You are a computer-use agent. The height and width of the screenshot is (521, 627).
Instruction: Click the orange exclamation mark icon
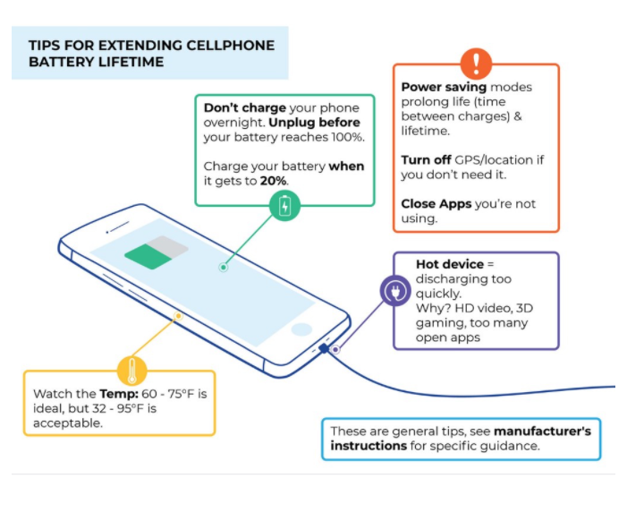[476, 64]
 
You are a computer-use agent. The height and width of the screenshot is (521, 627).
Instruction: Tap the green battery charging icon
[284, 206]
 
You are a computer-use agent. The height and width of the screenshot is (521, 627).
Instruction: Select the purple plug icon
[395, 291]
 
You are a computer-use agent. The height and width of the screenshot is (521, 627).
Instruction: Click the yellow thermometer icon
[132, 371]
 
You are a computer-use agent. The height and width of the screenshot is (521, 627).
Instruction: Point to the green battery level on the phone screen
[148, 257]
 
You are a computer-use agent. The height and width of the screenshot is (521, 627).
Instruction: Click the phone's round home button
[301, 329]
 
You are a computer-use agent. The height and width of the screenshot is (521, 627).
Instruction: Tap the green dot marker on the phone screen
[224, 267]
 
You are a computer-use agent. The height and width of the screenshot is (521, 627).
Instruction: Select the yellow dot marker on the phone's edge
[178, 316]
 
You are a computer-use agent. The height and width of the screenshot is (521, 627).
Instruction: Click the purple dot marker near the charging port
[336, 349]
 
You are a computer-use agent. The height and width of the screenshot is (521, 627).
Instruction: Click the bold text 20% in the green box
[273, 181]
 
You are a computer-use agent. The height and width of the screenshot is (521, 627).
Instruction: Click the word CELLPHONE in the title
[231, 46]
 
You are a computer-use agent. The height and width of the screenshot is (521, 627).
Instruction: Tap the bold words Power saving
[444, 87]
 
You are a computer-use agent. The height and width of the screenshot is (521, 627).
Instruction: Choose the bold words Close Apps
[436, 204]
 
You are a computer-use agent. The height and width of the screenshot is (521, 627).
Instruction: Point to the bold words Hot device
[450, 264]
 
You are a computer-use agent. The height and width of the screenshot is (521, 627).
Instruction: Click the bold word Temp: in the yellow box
[119, 394]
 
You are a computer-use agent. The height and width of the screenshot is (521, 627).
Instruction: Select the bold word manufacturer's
[542, 431]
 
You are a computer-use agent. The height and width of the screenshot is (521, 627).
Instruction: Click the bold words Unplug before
[314, 123]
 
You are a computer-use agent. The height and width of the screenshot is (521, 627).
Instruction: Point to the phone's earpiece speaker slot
[120, 226]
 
